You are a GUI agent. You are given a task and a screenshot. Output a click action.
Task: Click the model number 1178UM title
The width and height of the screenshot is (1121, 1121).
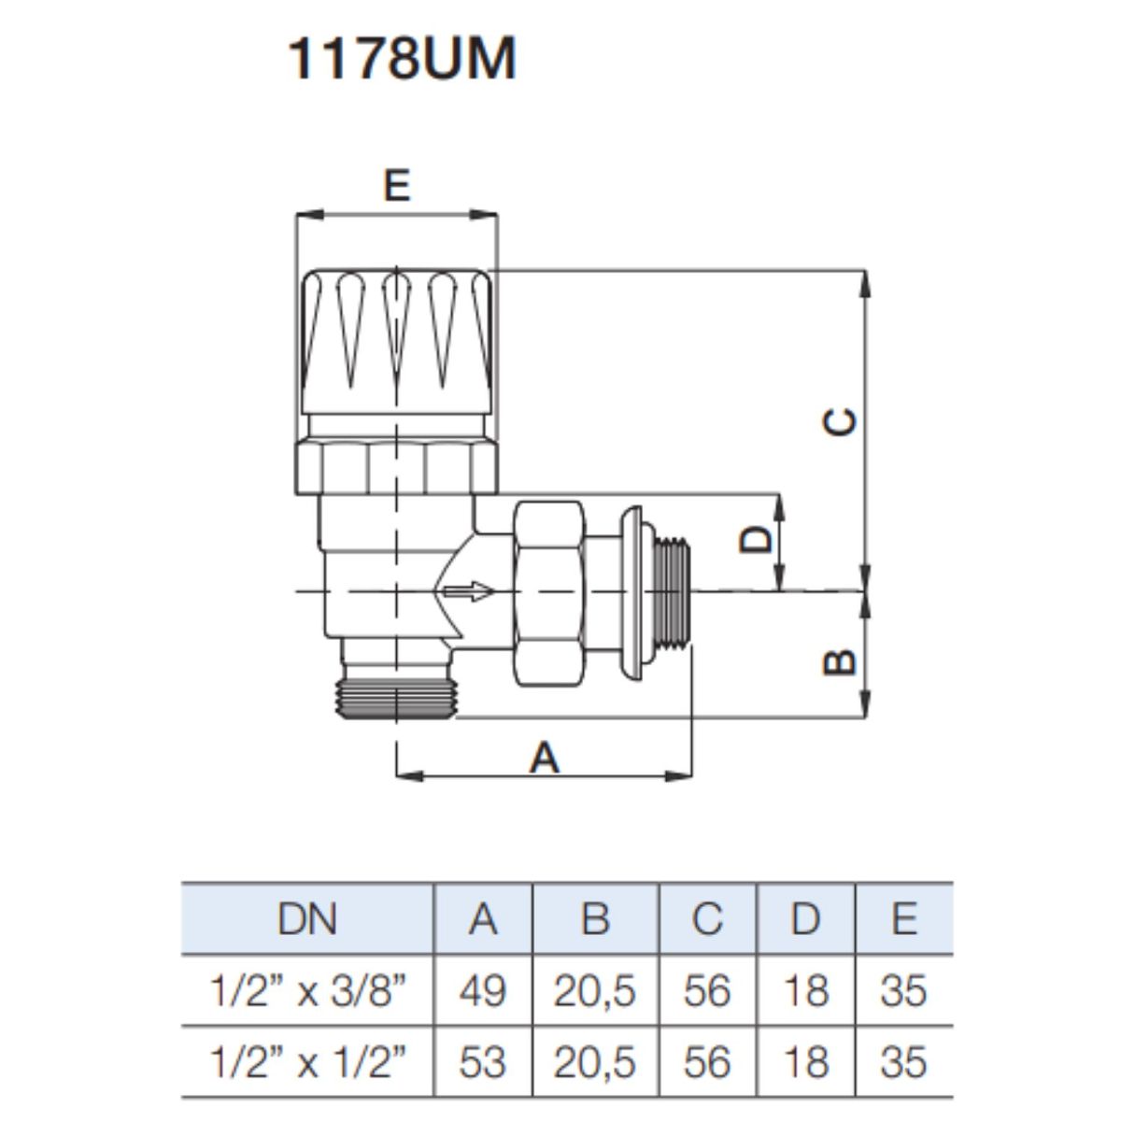tap(402, 58)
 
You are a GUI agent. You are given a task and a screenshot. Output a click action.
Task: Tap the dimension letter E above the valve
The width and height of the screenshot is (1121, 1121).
tap(397, 185)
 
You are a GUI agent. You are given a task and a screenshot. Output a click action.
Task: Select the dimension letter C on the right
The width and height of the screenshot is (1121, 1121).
tap(840, 421)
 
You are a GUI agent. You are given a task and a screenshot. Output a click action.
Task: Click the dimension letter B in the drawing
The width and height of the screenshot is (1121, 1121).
tap(840, 661)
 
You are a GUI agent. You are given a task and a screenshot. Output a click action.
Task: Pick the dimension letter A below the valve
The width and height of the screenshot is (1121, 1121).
tap(544, 758)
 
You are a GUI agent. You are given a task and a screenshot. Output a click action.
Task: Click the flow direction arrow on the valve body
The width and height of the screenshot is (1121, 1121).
tap(468, 591)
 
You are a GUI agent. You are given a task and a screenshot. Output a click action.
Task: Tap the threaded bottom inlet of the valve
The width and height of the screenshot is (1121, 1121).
tap(397, 697)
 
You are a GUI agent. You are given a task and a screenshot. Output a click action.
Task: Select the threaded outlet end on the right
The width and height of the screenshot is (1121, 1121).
tap(673, 591)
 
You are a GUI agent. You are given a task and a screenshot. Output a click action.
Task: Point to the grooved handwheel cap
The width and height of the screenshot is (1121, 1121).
tap(397, 342)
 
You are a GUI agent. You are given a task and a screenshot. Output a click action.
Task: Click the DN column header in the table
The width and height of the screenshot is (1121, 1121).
tap(307, 920)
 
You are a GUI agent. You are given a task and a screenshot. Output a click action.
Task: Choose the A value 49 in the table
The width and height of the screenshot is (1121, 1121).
tap(482, 991)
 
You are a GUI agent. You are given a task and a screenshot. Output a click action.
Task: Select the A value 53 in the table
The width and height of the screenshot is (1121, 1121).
tap(482, 1061)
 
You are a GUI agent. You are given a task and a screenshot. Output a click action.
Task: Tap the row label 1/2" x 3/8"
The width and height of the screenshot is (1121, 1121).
tap(306, 990)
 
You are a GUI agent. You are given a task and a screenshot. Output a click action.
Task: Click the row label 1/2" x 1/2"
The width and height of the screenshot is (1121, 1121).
tap(306, 1061)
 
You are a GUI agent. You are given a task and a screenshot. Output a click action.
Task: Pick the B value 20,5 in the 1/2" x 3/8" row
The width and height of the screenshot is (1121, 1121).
tap(594, 992)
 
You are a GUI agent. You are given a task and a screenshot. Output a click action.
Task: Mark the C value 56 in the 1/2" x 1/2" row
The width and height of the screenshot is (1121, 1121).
tap(707, 1061)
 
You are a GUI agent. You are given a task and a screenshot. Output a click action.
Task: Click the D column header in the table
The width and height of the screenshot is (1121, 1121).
tap(805, 920)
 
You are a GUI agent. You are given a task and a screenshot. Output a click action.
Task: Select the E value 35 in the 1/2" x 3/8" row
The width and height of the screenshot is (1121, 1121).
tap(902, 991)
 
